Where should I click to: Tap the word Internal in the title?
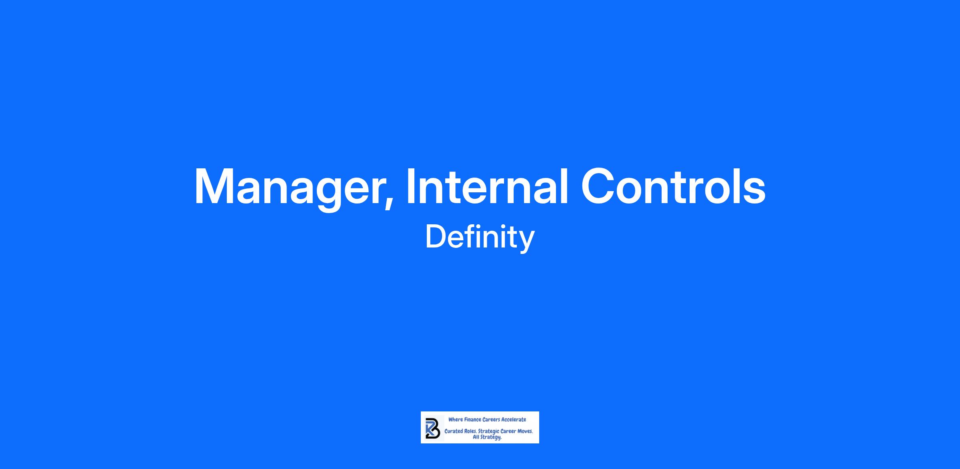(x=487, y=186)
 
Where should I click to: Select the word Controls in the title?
(x=674, y=186)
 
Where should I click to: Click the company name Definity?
(x=480, y=237)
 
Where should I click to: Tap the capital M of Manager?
(x=216, y=186)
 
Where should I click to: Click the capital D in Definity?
(x=435, y=237)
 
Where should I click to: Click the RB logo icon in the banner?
(x=433, y=428)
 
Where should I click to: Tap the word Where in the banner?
(x=456, y=419)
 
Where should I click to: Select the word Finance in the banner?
(x=473, y=419)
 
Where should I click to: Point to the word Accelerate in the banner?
(x=514, y=419)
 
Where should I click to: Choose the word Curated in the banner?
(x=453, y=431)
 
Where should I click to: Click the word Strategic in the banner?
(x=489, y=432)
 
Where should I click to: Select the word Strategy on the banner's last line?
(x=491, y=437)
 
